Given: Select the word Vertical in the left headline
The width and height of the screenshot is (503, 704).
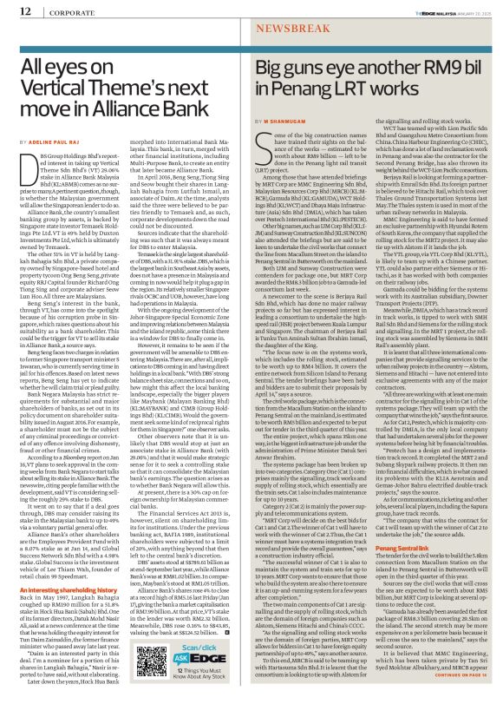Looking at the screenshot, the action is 56,75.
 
